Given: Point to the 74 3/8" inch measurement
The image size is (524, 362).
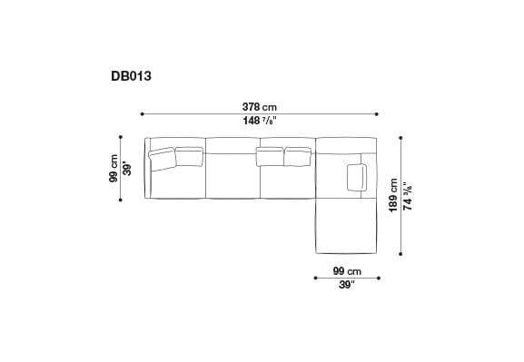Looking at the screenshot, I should [x=408, y=194].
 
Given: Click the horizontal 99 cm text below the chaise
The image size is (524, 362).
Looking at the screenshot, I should [x=346, y=270].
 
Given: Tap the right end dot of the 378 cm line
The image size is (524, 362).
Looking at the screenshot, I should [x=378, y=113].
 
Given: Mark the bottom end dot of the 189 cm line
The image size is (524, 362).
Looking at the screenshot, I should [x=400, y=255].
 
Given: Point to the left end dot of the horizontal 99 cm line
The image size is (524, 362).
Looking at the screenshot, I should [x=314, y=278].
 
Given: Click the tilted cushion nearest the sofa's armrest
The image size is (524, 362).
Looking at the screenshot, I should [x=162, y=159].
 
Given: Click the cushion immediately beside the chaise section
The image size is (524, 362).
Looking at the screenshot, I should [x=298, y=157].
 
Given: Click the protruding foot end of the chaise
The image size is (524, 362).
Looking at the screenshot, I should [x=345, y=231].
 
